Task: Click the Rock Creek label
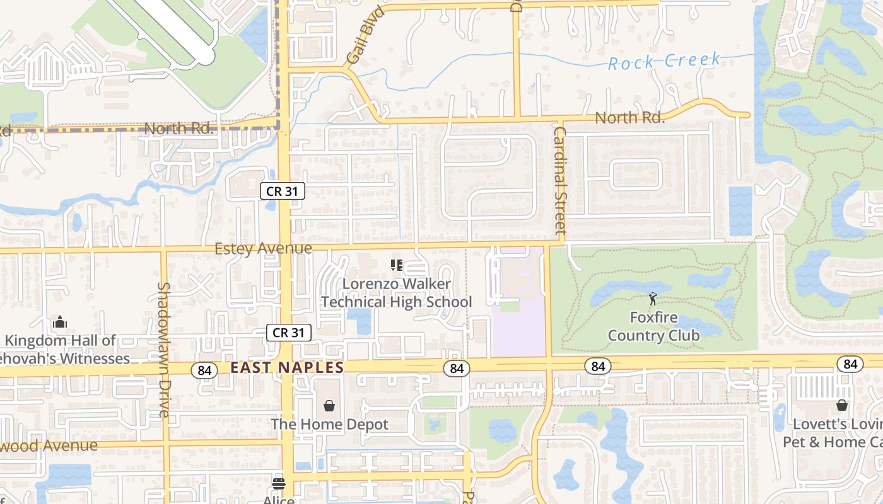(664, 61)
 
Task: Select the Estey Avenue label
(263, 249)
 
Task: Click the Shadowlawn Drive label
(164, 349)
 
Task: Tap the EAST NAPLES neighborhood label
(287, 368)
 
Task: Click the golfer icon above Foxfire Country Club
(653, 299)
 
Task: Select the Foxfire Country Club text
(653, 326)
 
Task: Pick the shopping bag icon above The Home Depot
(329, 405)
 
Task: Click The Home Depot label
(329, 425)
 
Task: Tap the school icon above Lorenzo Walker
(396, 265)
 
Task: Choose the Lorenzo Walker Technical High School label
(396, 293)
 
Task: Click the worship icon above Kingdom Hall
(60, 323)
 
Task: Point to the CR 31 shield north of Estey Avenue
(283, 191)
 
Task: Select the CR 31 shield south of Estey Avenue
(289, 333)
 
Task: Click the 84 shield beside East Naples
(204, 370)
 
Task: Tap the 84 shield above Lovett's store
(850, 364)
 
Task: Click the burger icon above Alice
(278, 484)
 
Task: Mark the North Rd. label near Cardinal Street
(629, 118)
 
